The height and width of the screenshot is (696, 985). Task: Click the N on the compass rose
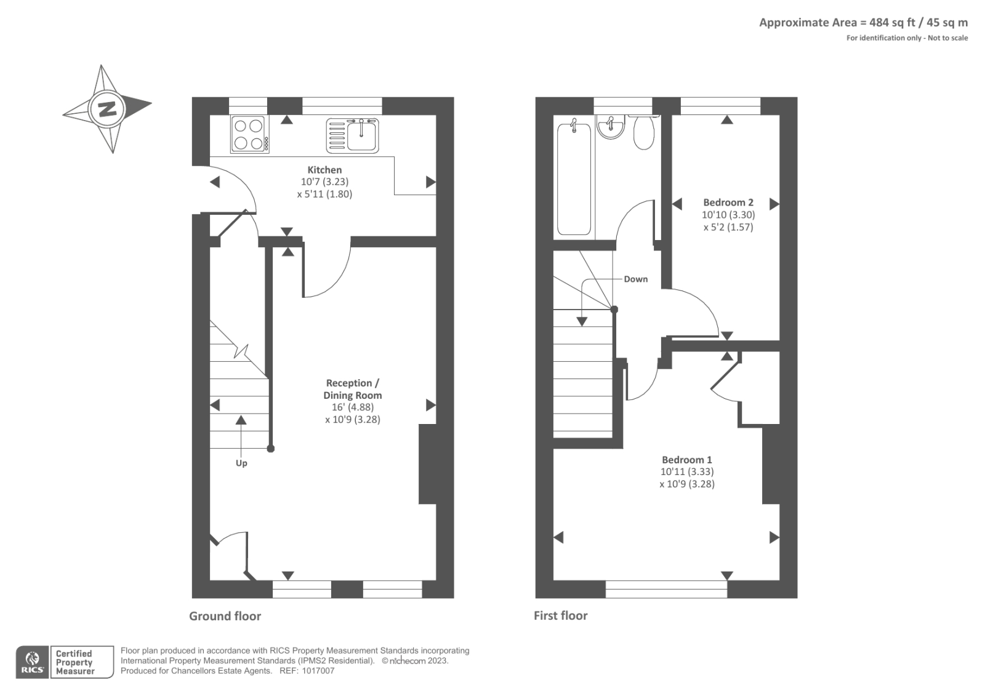(107, 108)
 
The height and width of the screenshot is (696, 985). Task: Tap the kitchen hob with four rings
(249, 134)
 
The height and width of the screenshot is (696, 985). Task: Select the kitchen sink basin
(361, 135)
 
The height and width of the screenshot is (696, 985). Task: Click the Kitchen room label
(324, 170)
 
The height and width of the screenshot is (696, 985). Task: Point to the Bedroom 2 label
(728, 202)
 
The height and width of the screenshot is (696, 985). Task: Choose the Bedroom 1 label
(687, 460)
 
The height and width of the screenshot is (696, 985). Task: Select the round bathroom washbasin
(611, 127)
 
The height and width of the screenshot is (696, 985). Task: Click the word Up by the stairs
(241, 463)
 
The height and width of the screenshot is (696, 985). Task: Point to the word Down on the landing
(636, 279)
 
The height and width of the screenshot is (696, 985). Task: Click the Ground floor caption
(225, 616)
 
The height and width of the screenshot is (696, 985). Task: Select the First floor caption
(561, 615)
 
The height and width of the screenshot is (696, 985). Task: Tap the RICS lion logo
(32, 662)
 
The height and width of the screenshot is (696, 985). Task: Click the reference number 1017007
(318, 671)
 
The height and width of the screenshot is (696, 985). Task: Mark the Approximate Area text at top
(864, 22)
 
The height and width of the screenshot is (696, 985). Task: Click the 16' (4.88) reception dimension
(353, 407)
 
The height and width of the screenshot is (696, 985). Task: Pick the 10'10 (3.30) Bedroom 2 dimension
(728, 215)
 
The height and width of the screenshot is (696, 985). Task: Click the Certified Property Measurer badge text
(74, 662)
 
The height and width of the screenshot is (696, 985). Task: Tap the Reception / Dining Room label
(353, 389)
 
